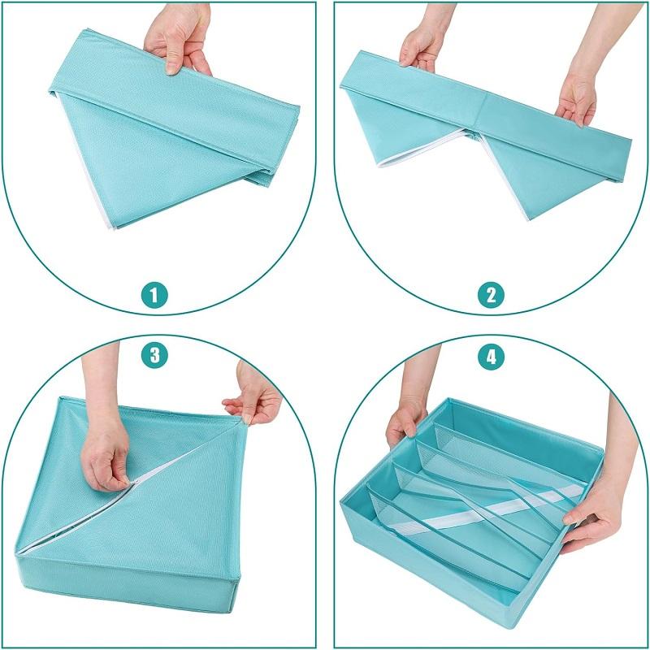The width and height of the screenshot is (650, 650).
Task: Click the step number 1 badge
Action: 154,296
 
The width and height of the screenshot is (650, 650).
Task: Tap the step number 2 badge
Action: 492,296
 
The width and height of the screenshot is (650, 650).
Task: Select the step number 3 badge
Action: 154,355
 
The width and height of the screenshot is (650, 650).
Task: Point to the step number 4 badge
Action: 492,355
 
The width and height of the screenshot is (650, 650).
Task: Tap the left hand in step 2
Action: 418,45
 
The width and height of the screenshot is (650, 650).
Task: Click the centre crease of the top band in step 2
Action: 481,111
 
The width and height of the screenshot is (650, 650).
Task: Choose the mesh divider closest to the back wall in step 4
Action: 510,452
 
